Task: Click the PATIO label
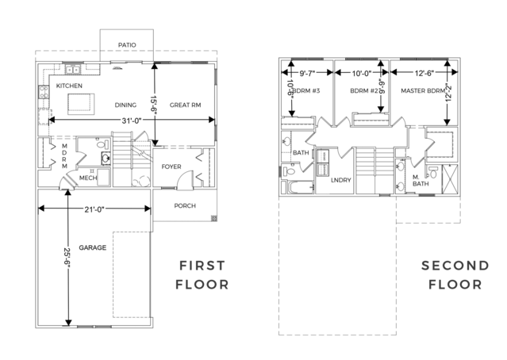click(127, 45)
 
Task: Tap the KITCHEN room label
click(69, 86)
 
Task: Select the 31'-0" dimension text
click(132, 121)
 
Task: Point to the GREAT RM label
click(186, 105)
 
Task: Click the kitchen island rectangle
click(81, 104)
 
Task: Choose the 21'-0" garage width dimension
click(94, 209)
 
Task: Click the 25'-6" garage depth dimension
click(67, 258)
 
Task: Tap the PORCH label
click(185, 205)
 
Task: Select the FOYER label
click(171, 167)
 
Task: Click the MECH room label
click(88, 178)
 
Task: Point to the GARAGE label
click(93, 247)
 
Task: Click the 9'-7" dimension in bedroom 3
click(307, 74)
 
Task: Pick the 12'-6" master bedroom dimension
click(424, 74)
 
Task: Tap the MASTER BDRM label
click(423, 91)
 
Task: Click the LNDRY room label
click(341, 180)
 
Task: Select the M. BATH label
click(421, 181)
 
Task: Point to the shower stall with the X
click(450, 179)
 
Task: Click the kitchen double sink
click(73, 70)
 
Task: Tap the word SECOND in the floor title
click(455, 266)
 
